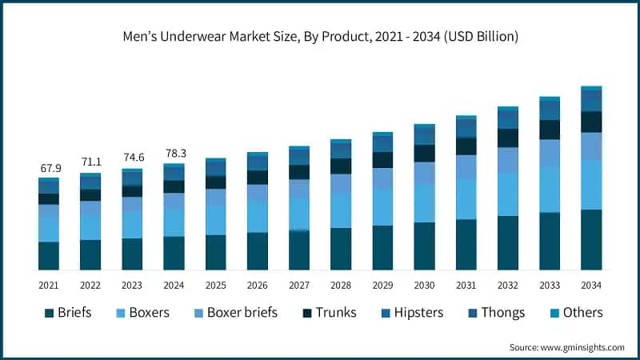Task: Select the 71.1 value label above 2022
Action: (x=90, y=162)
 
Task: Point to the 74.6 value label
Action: (x=132, y=157)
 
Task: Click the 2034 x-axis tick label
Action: (x=591, y=286)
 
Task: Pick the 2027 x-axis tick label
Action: (x=299, y=286)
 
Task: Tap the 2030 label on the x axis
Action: (x=424, y=286)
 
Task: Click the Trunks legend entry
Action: (x=334, y=313)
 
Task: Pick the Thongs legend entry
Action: (x=502, y=313)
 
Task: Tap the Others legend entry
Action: (x=582, y=313)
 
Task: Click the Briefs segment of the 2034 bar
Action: (x=591, y=239)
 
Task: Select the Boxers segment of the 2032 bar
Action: (x=508, y=194)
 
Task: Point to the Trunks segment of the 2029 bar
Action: (x=382, y=160)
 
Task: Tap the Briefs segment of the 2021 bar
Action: (x=49, y=255)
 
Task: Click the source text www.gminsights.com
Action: (x=566, y=347)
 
